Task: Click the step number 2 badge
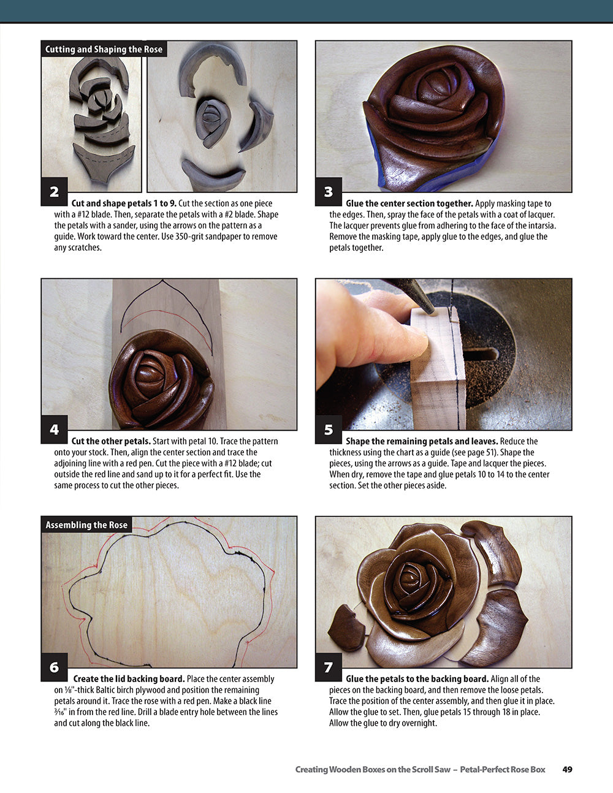54,192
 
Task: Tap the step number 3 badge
329,192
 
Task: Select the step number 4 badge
54,430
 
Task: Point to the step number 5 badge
329,430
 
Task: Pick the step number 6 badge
54,667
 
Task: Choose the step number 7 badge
329,667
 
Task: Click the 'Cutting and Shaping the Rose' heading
104,49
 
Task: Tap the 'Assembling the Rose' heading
86,525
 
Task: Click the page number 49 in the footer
567,769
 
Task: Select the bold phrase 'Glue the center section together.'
409,203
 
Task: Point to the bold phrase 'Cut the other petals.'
111,441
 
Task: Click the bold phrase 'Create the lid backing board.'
129,679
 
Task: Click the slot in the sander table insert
481,354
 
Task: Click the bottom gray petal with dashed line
104,162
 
